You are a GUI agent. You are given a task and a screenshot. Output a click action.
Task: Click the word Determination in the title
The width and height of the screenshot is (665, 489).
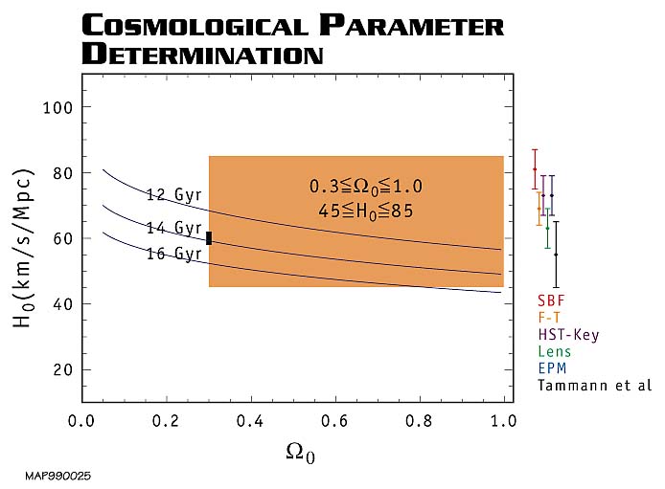click(x=203, y=53)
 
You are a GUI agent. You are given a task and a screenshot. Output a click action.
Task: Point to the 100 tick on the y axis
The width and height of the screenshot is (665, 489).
click(x=60, y=106)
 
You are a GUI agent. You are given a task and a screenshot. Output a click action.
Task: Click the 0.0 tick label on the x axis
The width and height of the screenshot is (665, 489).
click(x=81, y=420)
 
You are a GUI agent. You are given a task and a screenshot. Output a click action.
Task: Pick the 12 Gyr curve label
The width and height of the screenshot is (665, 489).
click(x=173, y=194)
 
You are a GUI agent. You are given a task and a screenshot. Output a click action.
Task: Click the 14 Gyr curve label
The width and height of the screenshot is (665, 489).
click(x=173, y=228)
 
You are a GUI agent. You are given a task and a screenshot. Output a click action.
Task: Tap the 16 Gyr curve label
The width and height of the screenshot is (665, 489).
click(x=173, y=254)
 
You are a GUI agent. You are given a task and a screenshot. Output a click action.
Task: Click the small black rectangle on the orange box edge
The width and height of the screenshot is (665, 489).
click(x=209, y=237)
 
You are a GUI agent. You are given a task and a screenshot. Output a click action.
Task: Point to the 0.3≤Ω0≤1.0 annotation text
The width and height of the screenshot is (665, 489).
click(x=365, y=186)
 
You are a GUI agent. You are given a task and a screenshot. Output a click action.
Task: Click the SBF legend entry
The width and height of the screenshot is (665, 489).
click(x=550, y=300)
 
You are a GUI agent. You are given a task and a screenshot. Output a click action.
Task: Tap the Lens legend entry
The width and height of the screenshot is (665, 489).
click(x=554, y=351)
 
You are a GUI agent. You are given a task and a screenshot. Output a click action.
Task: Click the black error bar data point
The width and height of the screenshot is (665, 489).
click(x=556, y=255)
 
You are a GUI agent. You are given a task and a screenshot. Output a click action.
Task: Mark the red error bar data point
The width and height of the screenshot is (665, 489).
click(x=535, y=169)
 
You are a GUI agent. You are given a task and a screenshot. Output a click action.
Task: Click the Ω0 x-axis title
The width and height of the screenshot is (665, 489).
click(x=300, y=452)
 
